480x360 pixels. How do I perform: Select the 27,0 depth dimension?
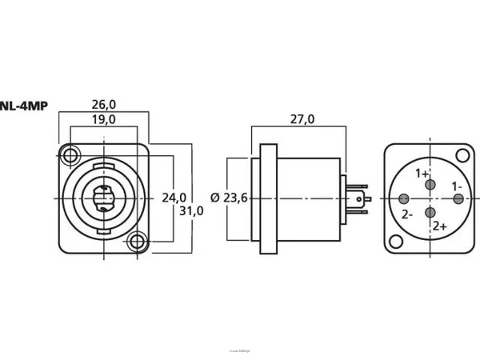tap(301, 119)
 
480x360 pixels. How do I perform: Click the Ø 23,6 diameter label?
tap(227, 198)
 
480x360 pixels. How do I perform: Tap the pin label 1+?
tap(422, 173)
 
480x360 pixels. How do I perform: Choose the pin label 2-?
tap(407, 214)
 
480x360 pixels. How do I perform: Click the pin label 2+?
tap(440, 226)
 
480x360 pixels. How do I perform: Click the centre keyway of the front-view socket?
tap(103, 198)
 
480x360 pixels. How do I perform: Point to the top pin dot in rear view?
tap(432, 185)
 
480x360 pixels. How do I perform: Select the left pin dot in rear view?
tap(405, 198)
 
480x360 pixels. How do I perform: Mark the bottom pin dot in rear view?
tap(432, 212)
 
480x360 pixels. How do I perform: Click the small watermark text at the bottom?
tap(239, 350)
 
